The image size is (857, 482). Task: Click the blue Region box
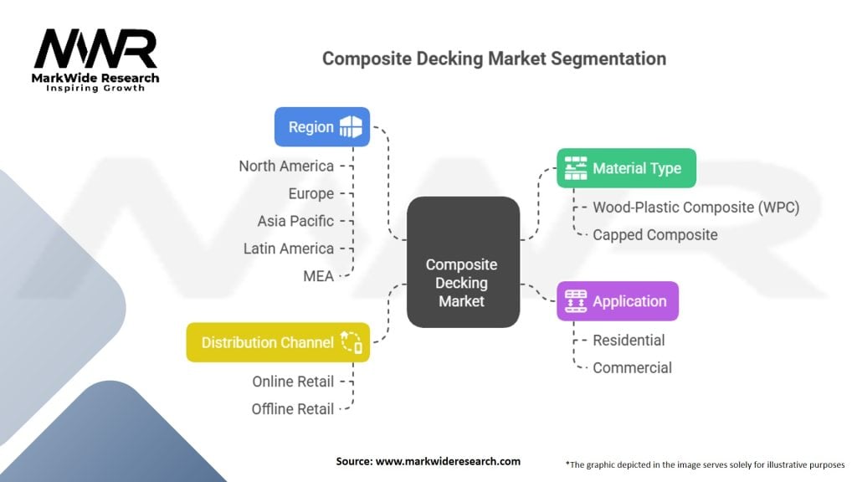click(x=322, y=127)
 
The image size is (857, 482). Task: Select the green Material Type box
click(x=626, y=168)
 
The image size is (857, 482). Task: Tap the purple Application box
click(x=618, y=301)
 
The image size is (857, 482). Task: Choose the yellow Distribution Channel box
click(x=278, y=342)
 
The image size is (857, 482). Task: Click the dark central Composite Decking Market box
click(x=463, y=262)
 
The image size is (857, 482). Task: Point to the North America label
click(x=286, y=167)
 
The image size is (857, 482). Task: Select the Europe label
click(x=311, y=193)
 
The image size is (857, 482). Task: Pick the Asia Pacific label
click(x=295, y=221)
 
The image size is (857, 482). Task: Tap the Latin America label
click(x=289, y=249)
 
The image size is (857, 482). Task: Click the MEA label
click(x=319, y=276)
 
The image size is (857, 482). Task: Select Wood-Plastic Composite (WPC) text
click(x=695, y=208)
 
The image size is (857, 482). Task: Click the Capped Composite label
click(x=655, y=235)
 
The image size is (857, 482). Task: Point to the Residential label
click(x=629, y=341)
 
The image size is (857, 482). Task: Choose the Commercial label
click(x=633, y=368)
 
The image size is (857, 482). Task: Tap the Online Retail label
click(x=293, y=382)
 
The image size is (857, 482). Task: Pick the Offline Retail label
click(x=292, y=408)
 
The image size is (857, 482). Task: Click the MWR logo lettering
click(x=95, y=49)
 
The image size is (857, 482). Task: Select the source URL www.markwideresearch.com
click(x=449, y=461)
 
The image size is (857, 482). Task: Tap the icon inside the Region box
click(x=351, y=127)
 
